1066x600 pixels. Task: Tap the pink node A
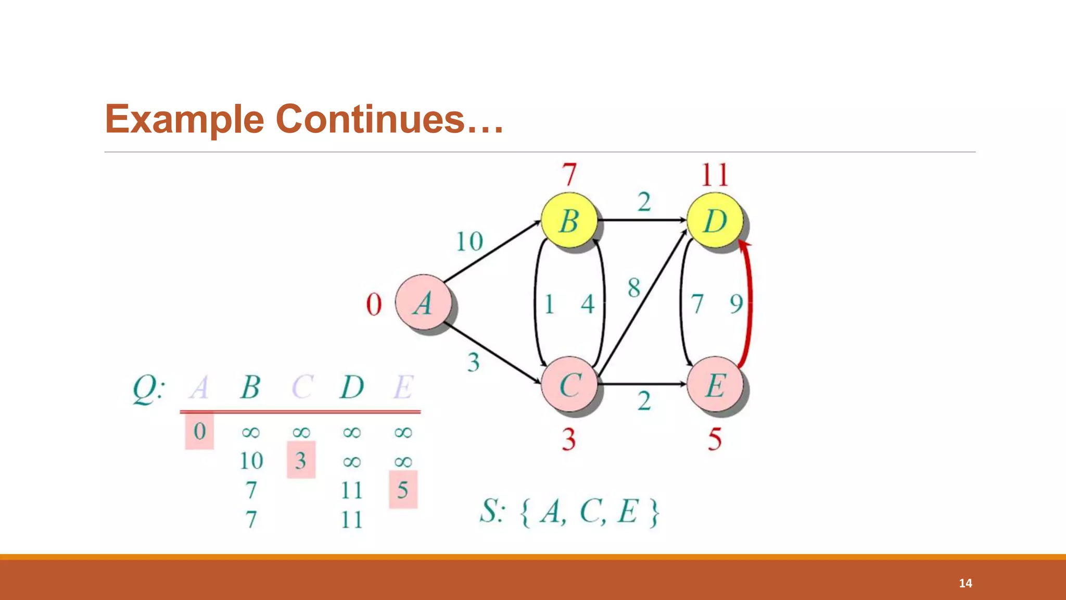[x=423, y=303]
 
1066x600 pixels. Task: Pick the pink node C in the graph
[x=569, y=384]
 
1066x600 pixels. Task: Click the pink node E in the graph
[x=715, y=384]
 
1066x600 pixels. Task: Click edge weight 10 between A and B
[x=469, y=242]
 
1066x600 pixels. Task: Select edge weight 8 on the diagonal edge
[x=633, y=287]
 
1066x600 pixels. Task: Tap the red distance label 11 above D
[x=715, y=175]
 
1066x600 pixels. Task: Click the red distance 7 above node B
[x=569, y=175]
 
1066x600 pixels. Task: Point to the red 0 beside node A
[x=374, y=304]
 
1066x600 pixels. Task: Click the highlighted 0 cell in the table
[x=199, y=431]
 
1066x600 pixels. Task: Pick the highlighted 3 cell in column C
[x=301, y=460]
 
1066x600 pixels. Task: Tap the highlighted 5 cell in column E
[x=403, y=490]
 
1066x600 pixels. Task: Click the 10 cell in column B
[x=251, y=460]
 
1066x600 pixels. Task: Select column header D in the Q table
[x=352, y=387]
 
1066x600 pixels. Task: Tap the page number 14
[x=965, y=583]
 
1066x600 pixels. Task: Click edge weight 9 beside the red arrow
[x=735, y=304]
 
